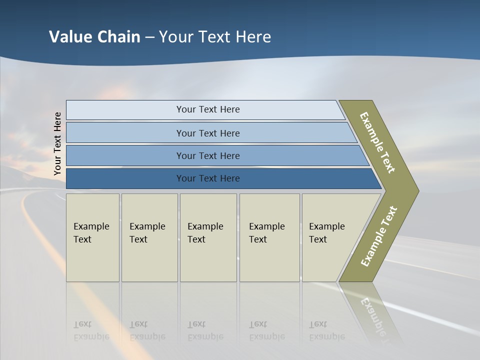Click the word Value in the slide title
[x=70, y=37]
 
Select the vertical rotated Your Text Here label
[x=57, y=144]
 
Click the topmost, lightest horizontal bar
[x=207, y=109]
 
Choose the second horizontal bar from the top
[x=207, y=133]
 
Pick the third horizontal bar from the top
[x=207, y=155]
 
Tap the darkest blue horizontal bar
[x=207, y=178]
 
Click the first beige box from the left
[x=92, y=237]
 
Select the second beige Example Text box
[x=149, y=237]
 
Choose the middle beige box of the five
[x=208, y=237]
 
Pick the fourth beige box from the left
[x=269, y=237]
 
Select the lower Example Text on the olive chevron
[x=379, y=236]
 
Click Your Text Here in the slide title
[x=215, y=37]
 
